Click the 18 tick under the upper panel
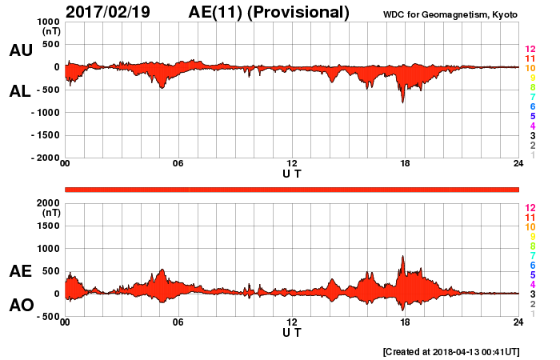pos(406,165)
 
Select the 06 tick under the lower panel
pos(178,323)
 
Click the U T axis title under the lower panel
pos(292,332)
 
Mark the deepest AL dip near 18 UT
pos(402,102)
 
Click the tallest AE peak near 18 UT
pos(402,257)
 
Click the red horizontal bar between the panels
pos(292,189)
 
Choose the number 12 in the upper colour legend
pos(530,50)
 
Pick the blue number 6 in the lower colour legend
pos(530,265)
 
